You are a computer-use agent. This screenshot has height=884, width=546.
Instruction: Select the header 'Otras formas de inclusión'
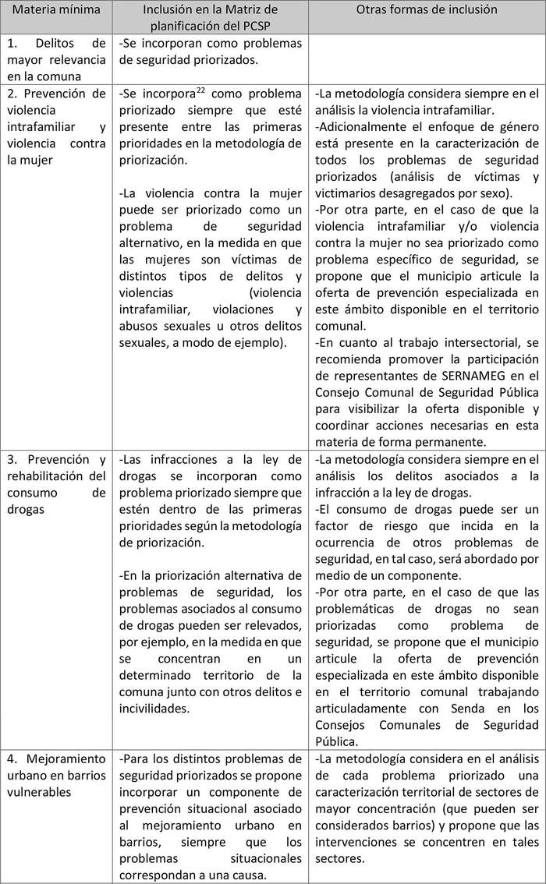point(426,11)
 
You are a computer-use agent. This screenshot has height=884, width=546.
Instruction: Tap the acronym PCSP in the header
point(243,26)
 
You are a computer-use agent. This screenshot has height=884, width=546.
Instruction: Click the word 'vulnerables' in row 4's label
point(40,793)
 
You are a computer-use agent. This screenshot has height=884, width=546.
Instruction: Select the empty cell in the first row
point(426,58)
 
